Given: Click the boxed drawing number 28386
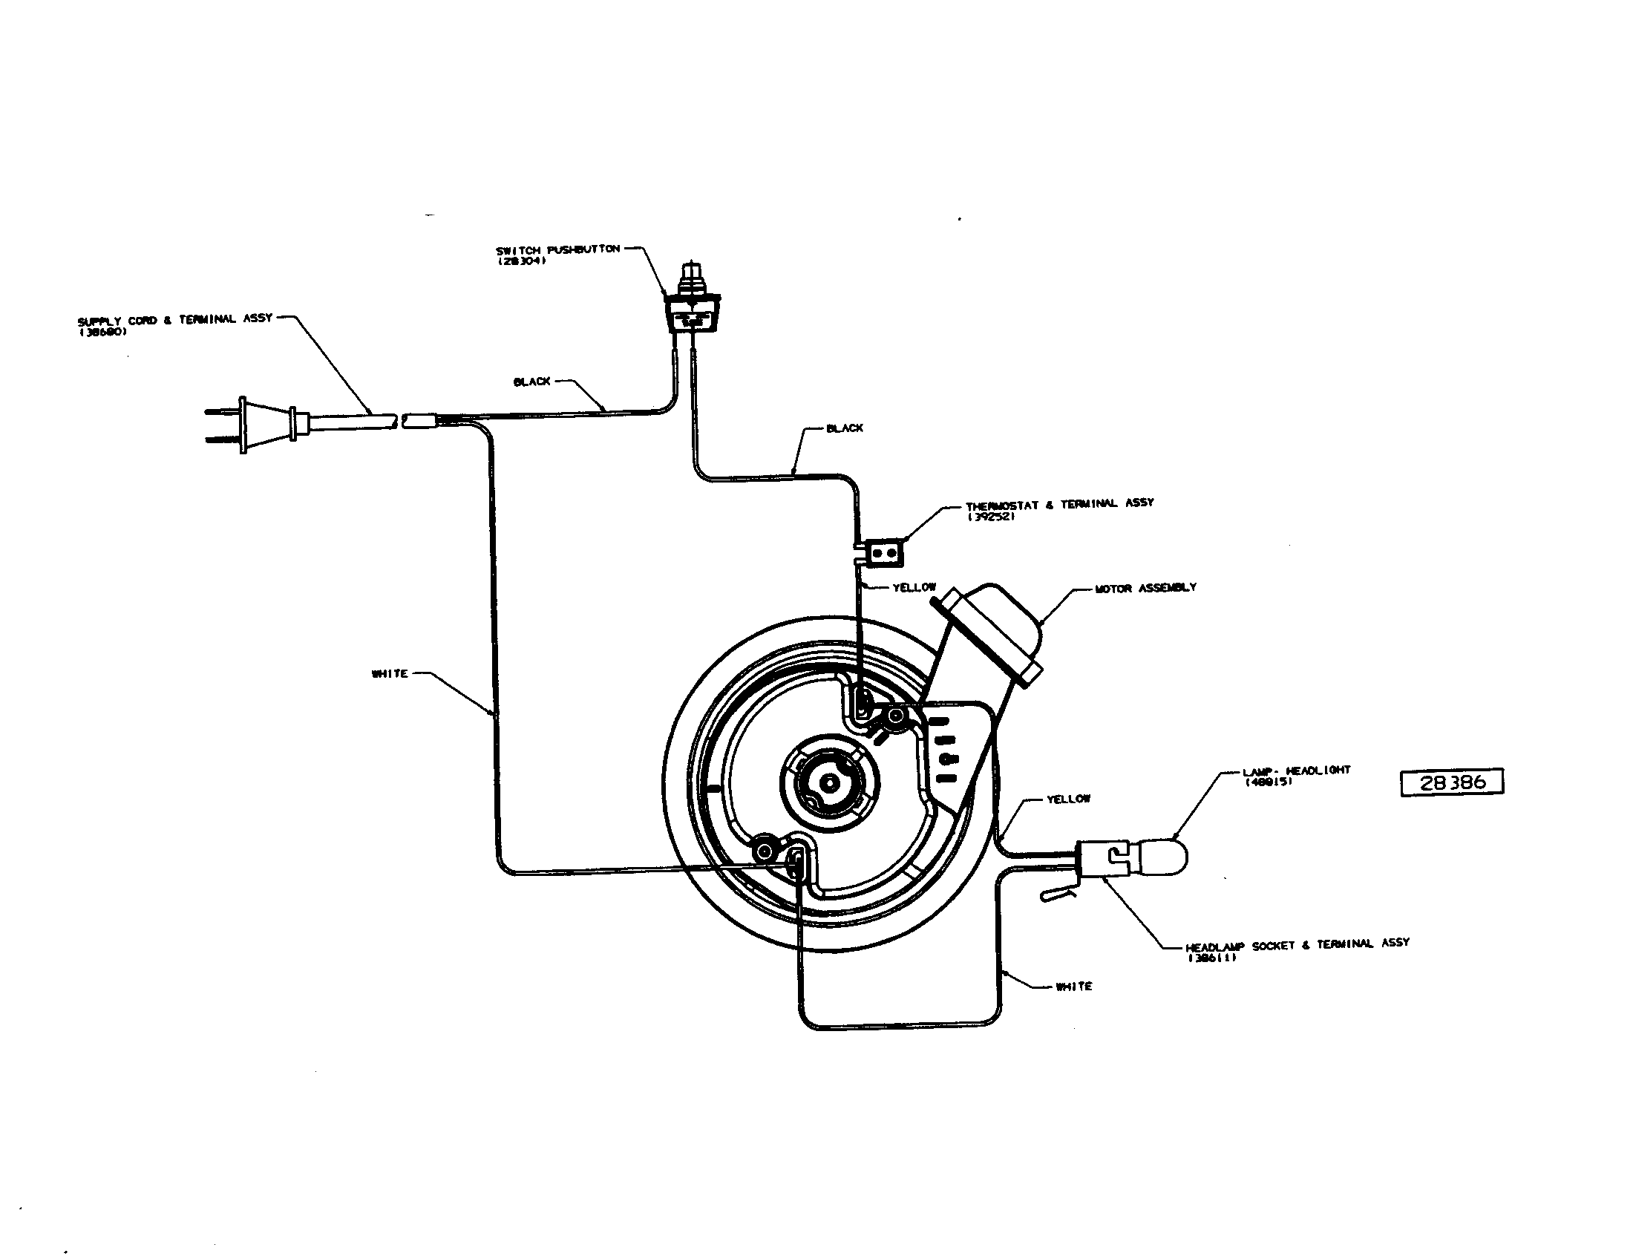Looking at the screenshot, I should point(1451,782).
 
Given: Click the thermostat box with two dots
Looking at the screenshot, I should point(884,553).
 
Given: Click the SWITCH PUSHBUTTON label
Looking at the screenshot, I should point(557,249).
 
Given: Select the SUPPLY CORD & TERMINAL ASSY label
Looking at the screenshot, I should point(175,319).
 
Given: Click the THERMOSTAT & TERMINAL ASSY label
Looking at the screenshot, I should point(1059,505).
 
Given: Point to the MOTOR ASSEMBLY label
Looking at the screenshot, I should point(1145,589).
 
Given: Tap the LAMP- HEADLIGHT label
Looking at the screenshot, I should point(1297,771).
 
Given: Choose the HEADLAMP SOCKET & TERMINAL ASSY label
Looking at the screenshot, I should point(1297,944).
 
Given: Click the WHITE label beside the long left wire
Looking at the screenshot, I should point(390,673).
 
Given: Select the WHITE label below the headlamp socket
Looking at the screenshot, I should point(1074,987).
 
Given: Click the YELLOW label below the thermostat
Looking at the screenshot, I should point(914,588).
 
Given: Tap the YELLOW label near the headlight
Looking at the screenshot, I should point(1067,799).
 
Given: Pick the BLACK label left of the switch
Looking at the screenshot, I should point(531,382).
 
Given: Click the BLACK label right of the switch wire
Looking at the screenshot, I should point(845,428).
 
